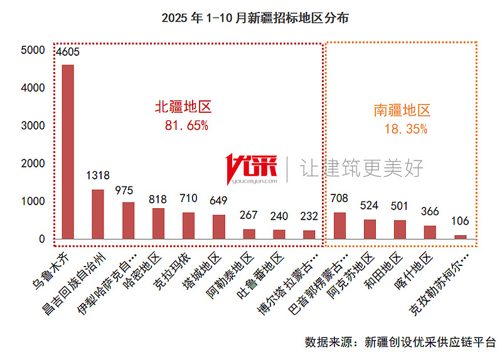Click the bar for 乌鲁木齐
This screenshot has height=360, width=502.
[67, 151]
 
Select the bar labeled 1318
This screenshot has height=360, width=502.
[98, 214]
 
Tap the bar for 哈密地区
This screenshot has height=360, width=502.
[158, 223]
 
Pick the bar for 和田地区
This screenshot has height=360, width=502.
[400, 229]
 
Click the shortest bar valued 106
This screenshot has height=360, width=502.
[461, 236]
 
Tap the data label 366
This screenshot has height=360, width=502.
[430, 211]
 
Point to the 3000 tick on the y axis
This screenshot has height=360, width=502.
[33, 125]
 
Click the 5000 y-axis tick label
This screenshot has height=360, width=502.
[33, 50]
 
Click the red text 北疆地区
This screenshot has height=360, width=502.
[183, 107]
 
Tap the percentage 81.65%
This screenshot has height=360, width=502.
[186, 125]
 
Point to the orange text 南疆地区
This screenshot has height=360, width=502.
[402, 111]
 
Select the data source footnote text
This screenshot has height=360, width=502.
[400, 342]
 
